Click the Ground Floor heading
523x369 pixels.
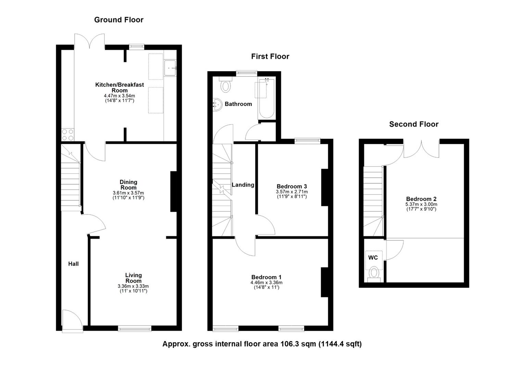click(119, 20)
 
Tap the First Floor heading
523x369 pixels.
click(270, 56)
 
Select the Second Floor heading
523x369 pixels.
click(413, 124)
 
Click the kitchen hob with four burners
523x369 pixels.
click(67, 135)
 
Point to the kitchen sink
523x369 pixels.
click(170, 68)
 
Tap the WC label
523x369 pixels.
click(373, 258)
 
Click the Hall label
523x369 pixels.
click(73, 264)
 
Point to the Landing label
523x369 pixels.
click(243, 185)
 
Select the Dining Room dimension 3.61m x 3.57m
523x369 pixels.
click(128, 193)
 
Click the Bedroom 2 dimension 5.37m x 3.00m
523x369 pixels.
click(421, 204)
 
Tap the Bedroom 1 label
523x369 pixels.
click(266, 277)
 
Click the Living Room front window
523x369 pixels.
click(135, 328)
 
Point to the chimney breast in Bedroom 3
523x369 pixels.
click(324, 188)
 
